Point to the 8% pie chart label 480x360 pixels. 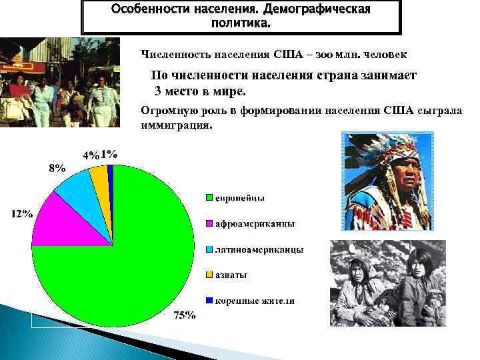tap(57, 169)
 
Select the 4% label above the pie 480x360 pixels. tap(90, 155)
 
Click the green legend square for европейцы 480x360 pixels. tap(209, 197)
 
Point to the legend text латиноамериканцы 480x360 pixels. tap(259, 249)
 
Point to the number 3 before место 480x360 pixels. tap(158, 91)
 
